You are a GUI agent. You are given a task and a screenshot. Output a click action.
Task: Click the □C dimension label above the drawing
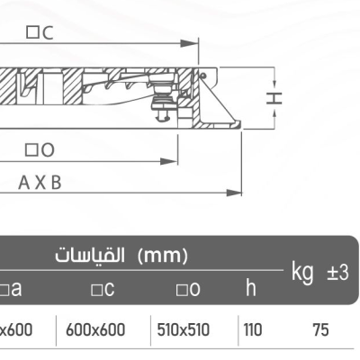click(x=40, y=32)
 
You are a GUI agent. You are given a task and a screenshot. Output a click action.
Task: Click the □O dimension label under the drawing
click(x=40, y=148)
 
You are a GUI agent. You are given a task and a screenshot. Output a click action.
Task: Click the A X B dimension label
click(x=40, y=182)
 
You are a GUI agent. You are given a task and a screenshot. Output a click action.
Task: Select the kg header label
click(x=303, y=269)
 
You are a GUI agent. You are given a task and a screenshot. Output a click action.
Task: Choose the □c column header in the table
click(x=101, y=289)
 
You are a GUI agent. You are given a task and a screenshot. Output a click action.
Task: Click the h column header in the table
click(x=250, y=288)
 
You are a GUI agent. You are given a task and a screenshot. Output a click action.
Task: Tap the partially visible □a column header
click(x=11, y=289)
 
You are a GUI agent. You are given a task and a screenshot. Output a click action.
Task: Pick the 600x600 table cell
click(x=95, y=330)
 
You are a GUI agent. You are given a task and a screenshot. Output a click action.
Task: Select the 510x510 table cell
click(x=183, y=330)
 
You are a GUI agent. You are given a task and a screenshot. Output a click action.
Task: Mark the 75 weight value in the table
click(x=320, y=330)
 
